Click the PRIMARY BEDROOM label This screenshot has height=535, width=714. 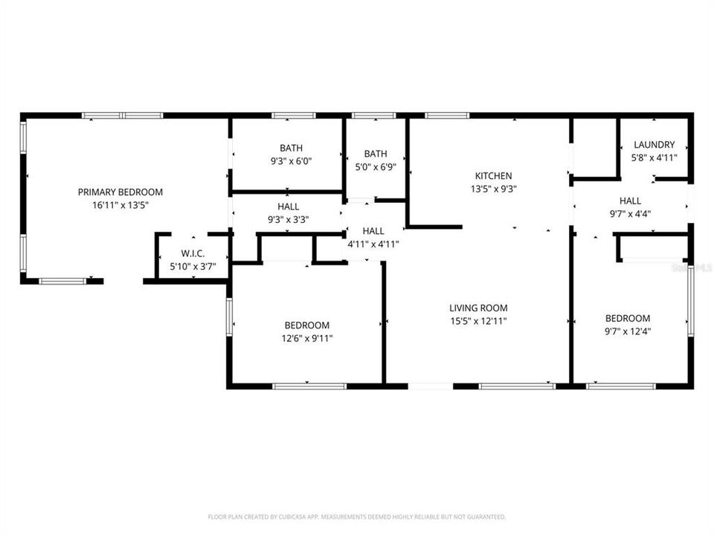coord(120,192)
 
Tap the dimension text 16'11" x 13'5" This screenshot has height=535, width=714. coord(120,204)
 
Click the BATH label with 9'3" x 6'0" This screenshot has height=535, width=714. coord(291,148)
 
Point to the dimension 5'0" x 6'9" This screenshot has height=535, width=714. coord(375,167)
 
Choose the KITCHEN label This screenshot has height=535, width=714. coord(493,176)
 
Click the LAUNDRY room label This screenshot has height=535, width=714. coord(654,144)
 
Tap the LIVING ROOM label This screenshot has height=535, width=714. coord(478,308)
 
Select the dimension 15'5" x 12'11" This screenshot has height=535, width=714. coord(478,321)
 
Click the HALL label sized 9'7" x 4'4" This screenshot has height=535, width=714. coord(630,201)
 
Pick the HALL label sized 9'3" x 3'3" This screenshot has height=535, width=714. coord(289,207)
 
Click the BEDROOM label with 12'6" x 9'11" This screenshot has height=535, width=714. coord(306,325)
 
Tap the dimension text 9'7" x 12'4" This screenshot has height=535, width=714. coord(627,331)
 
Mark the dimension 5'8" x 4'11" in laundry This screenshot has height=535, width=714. coord(654,157)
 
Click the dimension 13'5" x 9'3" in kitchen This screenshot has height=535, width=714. coord(493,189)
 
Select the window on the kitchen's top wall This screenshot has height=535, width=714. coord(447,116)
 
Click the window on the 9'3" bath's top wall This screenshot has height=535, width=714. coord(291,116)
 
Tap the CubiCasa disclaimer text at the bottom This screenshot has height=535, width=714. coord(357,516)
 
